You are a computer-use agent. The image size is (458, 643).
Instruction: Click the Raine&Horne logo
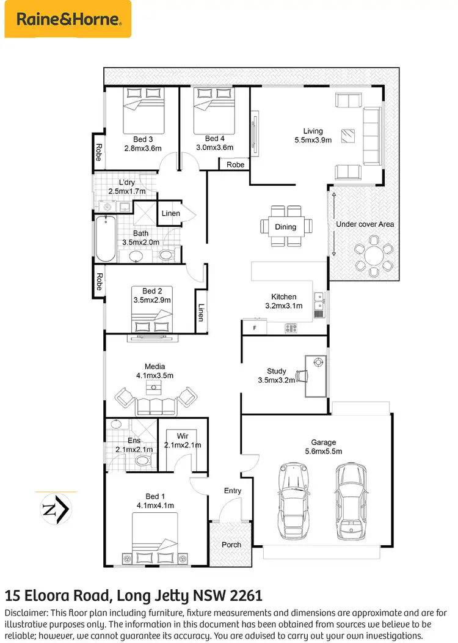(x=67, y=19)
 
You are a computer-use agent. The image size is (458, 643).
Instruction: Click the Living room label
(x=313, y=131)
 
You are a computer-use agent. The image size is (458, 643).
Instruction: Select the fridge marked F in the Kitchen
(x=254, y=328)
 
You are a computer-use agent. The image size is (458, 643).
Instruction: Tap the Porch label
(x=231, y=545)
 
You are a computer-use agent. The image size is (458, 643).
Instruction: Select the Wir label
(x=183, y=436)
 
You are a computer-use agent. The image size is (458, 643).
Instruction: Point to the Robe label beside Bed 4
(x=235, y=164)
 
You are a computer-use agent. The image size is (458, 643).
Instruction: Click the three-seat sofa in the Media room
(x=155, y=405)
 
